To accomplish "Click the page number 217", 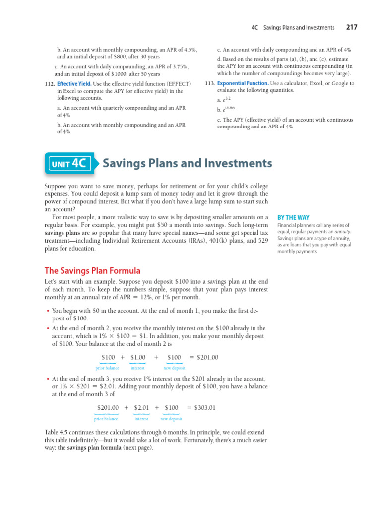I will (x=351, y=27).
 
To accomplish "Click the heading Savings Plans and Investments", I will (x=187, y=163).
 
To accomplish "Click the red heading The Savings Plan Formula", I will (x=92, y=271).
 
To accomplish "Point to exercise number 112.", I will (x=49, y=84).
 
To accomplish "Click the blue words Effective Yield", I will (x=74, y=84).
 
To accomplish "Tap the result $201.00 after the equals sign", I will (x=207, y=357).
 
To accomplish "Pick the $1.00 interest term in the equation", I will (x=138, y=357).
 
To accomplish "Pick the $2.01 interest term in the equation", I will (x=142, y=408).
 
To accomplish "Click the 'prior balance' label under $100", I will (x=107, y=368).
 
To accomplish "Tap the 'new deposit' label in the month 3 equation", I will (x=171, y=419).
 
